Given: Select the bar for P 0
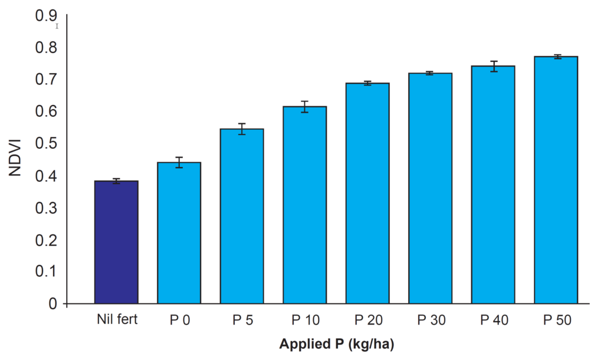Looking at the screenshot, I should (179, 233).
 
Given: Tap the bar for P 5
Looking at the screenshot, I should (242, 216).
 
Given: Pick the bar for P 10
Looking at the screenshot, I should (304, 205).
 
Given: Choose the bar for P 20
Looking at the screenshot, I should (367, 193).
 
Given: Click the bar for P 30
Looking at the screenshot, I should (430, 188).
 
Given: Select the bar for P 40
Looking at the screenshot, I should (493, 185).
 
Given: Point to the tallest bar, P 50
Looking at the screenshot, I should (556, 180).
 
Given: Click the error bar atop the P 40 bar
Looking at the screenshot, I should (493, 66).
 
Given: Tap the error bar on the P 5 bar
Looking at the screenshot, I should (242, 129).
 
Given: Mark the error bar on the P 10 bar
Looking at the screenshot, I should (304, 107).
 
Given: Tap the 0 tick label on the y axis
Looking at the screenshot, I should (53, 304).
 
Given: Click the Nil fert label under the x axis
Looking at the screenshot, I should (116, 320).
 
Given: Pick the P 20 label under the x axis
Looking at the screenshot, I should (367, 320).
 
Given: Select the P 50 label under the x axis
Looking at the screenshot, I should (556, 320).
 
